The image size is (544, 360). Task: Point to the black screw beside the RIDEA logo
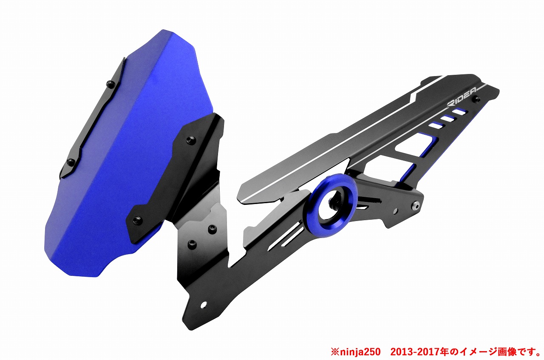coord(477,99)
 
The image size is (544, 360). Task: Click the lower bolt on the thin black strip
coord(71,161)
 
